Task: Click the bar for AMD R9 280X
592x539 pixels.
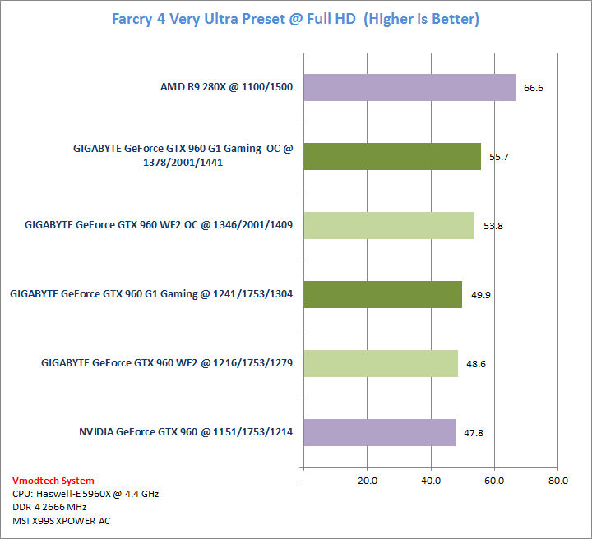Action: (x=409, y=87)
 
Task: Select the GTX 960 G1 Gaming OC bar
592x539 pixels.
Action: (x=391, y=156)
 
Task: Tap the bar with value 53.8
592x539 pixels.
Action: (x=388, y=225)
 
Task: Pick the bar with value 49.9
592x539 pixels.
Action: (x=382, y=294)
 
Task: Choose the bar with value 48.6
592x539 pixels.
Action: (x=380, y=363)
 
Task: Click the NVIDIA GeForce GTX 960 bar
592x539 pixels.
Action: (x=378, y=432)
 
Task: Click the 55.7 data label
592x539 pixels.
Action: (x=499, y=156)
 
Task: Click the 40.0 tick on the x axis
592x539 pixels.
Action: (x=430, y=481)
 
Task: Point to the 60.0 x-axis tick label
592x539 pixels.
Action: (x=493, y=481)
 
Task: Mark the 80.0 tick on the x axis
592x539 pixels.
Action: (x=557, y=481)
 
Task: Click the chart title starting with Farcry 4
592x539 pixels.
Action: (x=295, y=19)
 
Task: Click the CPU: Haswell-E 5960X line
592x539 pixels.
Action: (x=86, y=494)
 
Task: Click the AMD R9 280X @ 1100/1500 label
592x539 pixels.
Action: (x=226, y=87)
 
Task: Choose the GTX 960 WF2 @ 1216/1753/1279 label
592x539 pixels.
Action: (x=167, y=363)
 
